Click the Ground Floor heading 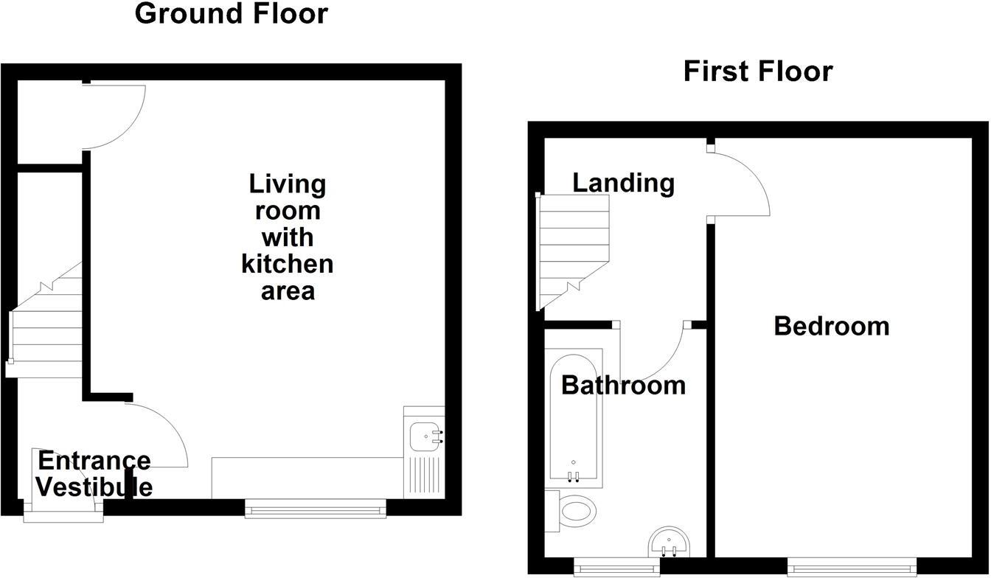(231, 13)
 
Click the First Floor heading (757, 72)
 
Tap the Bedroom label (831, 326)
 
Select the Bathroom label (623, 385)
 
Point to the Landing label (623, 182)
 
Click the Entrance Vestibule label (94, 474)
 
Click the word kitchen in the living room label (287, 264)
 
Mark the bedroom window (851, 566)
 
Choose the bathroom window (616, 566)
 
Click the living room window (315, 508)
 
